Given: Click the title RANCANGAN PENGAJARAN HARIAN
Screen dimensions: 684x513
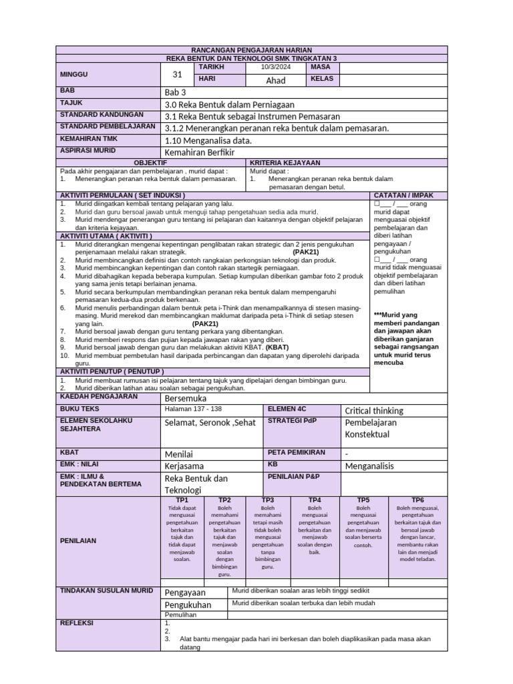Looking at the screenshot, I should click(x=251, y=51).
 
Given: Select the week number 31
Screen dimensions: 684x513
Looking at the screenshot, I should click(x=177, y=75).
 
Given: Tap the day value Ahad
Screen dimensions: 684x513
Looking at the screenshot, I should click(x=276, y=80).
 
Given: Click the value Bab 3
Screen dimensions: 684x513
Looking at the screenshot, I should click(x=175, y=92).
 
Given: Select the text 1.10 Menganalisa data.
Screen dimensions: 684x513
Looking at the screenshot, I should click(x=208, y=140).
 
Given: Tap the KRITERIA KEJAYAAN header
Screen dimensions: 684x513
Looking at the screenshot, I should click(x=285, y=163).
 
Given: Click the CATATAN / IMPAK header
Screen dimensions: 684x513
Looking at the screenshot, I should click(x=409, y=195).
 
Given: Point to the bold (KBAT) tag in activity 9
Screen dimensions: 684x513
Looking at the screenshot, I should click(x=277, y=347).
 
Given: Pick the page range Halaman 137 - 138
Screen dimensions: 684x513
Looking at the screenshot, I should click(x=193, y=408).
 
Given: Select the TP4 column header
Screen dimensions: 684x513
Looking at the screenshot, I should click(x=315, y=500).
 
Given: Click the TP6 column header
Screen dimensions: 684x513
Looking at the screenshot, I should click(x=417, y=500).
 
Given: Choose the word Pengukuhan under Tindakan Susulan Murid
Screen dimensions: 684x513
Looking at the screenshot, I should click(x=188, y=605).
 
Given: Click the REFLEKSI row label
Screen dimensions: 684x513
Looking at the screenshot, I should click(x=77, y=623).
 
